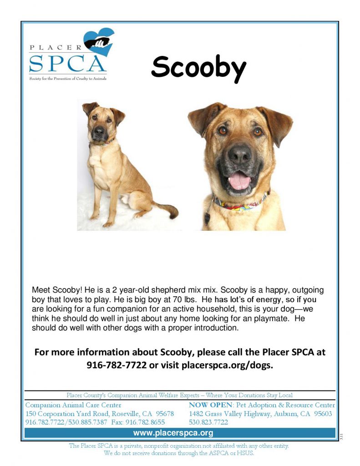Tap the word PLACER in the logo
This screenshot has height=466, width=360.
(x=55, y=47)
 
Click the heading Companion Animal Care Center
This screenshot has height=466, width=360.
(x=73, y=405)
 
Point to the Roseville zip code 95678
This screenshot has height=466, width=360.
(x=165, y=414)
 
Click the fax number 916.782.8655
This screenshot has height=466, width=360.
(x=145, y=422)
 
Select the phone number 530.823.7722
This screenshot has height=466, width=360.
(x=208, y=422)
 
